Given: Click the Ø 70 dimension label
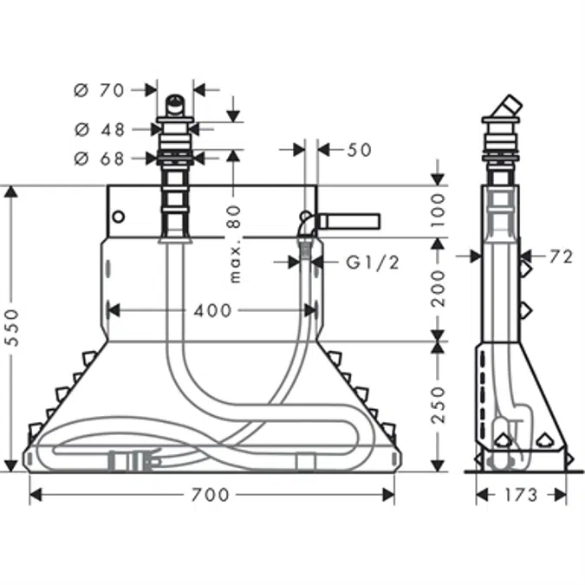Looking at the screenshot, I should tap(101, 89).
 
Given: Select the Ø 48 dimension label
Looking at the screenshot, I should tap(101, 129).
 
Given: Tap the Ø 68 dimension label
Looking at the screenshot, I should tap(101, 158).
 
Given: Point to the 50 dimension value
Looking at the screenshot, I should tap(359, 150).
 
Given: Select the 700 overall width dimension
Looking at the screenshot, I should tap(211, 495).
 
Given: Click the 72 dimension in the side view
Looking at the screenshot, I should tap(561, 257).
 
